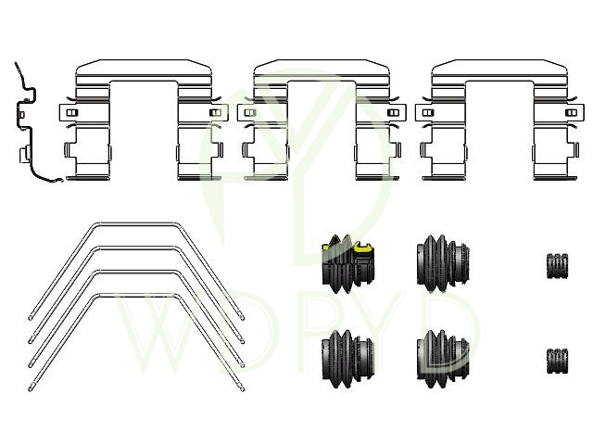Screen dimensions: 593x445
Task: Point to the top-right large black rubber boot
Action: pos(443,263)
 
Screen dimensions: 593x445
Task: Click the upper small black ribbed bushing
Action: pos(557,266)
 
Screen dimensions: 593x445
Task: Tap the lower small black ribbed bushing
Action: pos(557,362)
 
